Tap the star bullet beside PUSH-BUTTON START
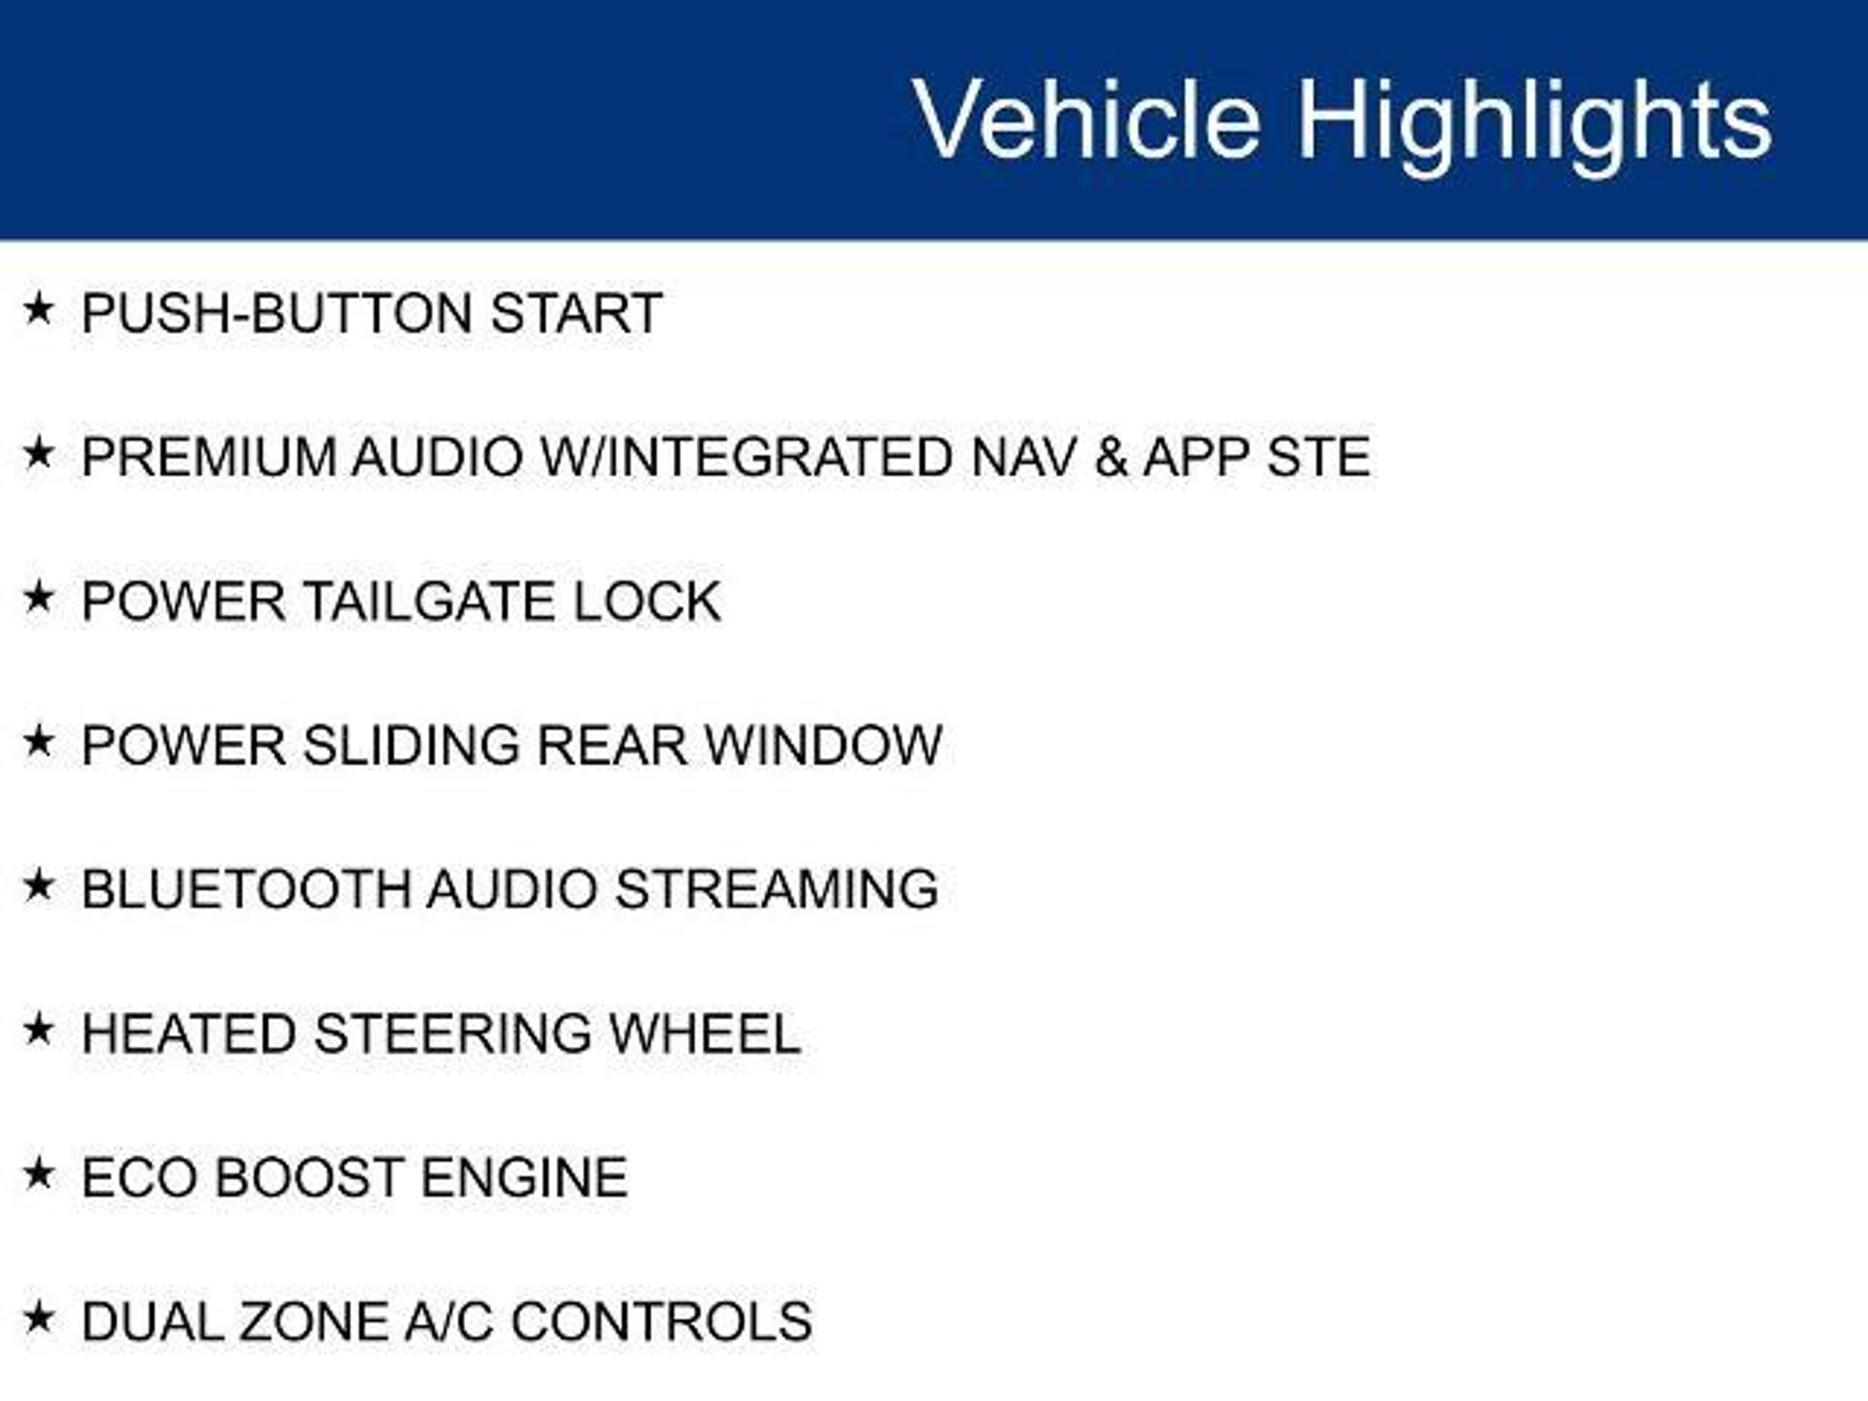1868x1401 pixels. coord(38,309)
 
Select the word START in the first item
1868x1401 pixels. coord(576,314)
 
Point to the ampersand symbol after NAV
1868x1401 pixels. coord(1111,457)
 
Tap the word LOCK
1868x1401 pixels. coord(647,602)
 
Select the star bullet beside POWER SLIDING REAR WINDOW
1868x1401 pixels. coord(38,741)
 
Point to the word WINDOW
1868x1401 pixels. coord(824,745)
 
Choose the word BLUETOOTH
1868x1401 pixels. coord(246,889)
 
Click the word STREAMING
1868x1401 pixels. coord(777,889)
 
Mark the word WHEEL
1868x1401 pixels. coord(704,1034)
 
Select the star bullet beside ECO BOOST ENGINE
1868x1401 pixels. coord(38,1173)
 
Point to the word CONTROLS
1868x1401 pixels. coord(661,1322)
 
